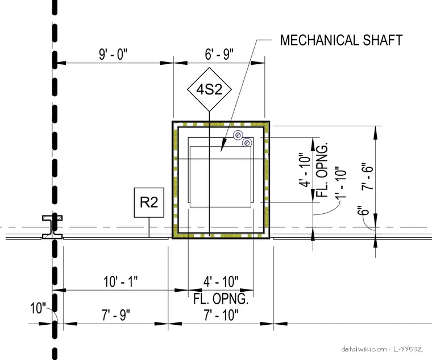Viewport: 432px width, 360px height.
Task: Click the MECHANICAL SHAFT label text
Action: [341, 40]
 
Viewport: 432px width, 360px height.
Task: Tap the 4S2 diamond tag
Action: [209, 89]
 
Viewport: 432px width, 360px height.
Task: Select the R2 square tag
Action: [149, 202]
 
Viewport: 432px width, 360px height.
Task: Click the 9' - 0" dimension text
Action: [113, 54]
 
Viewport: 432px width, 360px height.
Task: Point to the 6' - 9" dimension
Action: [219, 54]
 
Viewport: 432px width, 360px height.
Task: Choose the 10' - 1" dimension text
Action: [121, 282]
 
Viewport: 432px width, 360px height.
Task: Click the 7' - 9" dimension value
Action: [116, 315]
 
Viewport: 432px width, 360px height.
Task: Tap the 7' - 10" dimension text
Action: [221, 315]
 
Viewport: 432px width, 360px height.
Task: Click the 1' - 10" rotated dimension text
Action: [340, 183]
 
